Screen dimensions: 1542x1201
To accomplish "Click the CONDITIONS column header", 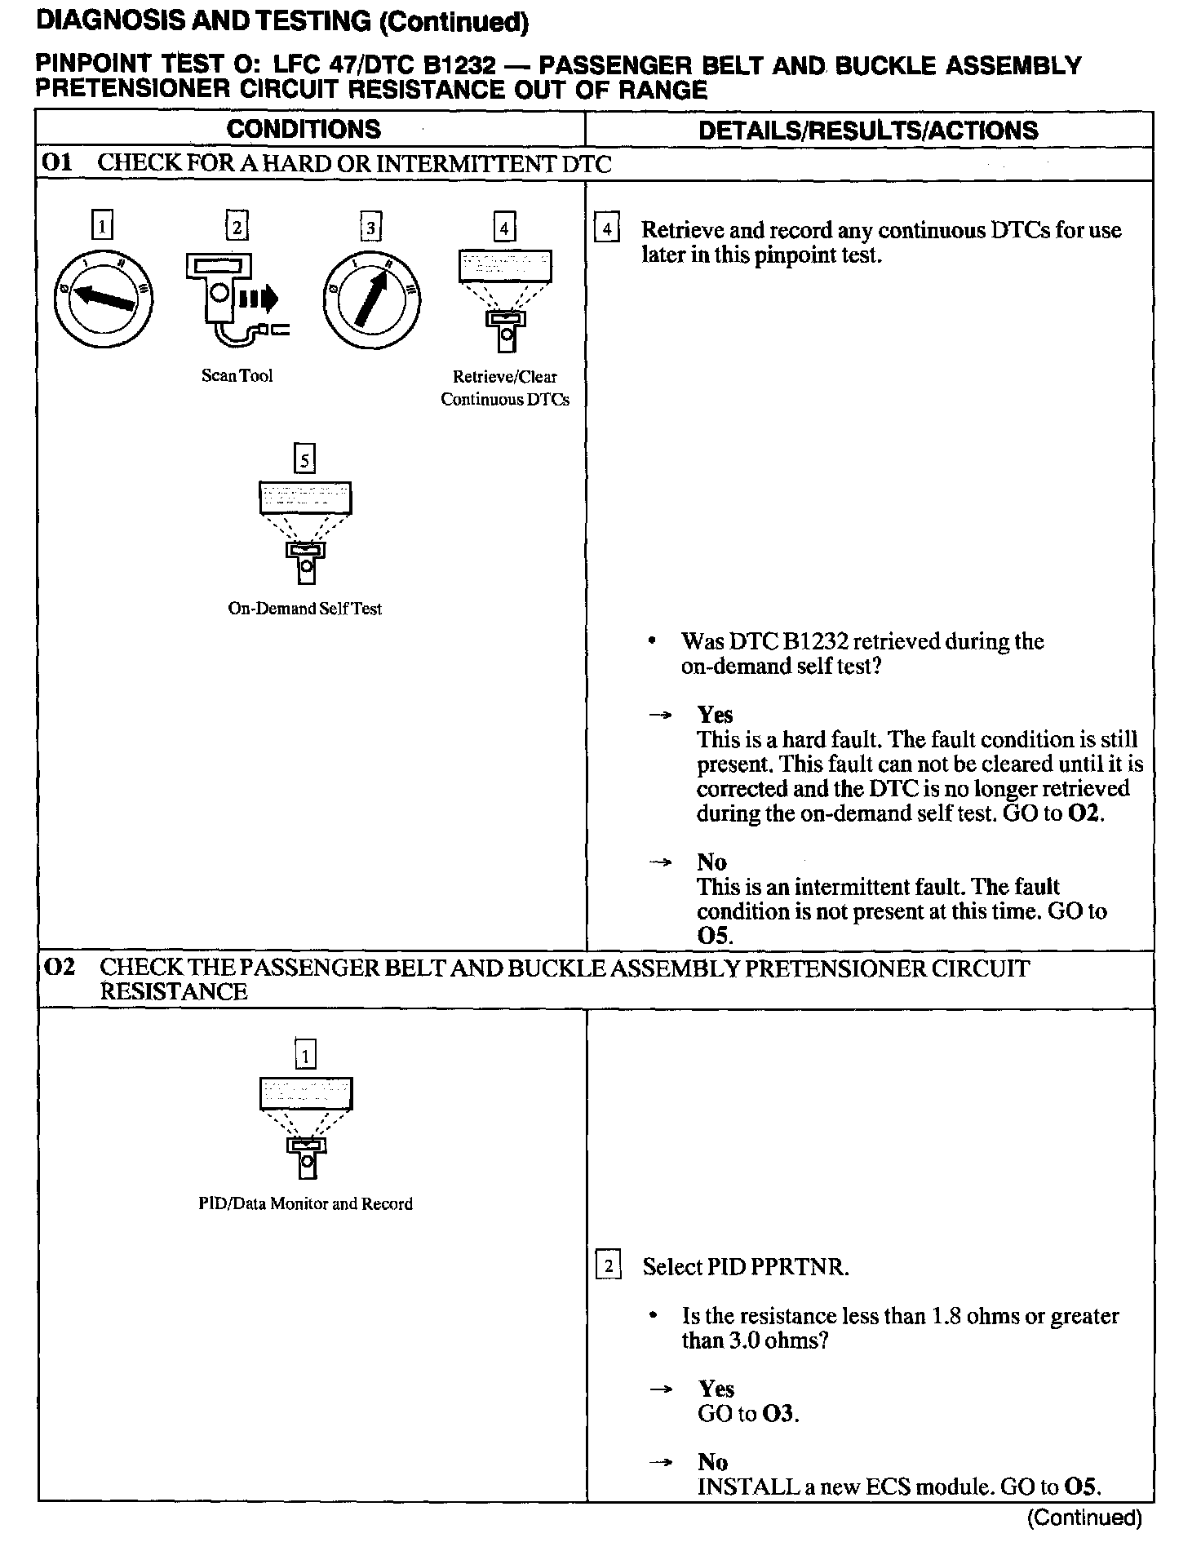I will click(x=304, y=129).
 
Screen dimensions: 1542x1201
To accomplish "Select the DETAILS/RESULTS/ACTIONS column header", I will click(x=868, y=131).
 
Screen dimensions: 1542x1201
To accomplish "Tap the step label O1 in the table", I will click(x=57, y=162).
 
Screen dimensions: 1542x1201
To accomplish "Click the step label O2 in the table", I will click(x=59, y=968).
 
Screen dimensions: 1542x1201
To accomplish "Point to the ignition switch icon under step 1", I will click(x=103, y=300).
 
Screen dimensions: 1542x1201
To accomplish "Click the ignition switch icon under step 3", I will click(x=372, y=300).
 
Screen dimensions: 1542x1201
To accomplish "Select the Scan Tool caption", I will click(x=237, y=376).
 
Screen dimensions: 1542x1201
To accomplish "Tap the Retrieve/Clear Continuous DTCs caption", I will click(x=505, y=388).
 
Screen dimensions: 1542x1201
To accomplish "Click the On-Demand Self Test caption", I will click(x=304, y=609).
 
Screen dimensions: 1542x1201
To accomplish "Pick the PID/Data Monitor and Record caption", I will click(x=305, y=1203).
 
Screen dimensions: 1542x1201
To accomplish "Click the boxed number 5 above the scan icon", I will click(x=304, y=460).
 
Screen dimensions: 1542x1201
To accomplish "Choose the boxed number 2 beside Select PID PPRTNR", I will click(x=608, y=1267).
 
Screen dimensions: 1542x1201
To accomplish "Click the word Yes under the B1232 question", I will click(x=715, y=715).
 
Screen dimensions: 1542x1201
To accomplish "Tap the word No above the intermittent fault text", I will click(x=711, y=862).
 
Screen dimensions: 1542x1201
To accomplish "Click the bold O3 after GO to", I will click(x=778, y=1414).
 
